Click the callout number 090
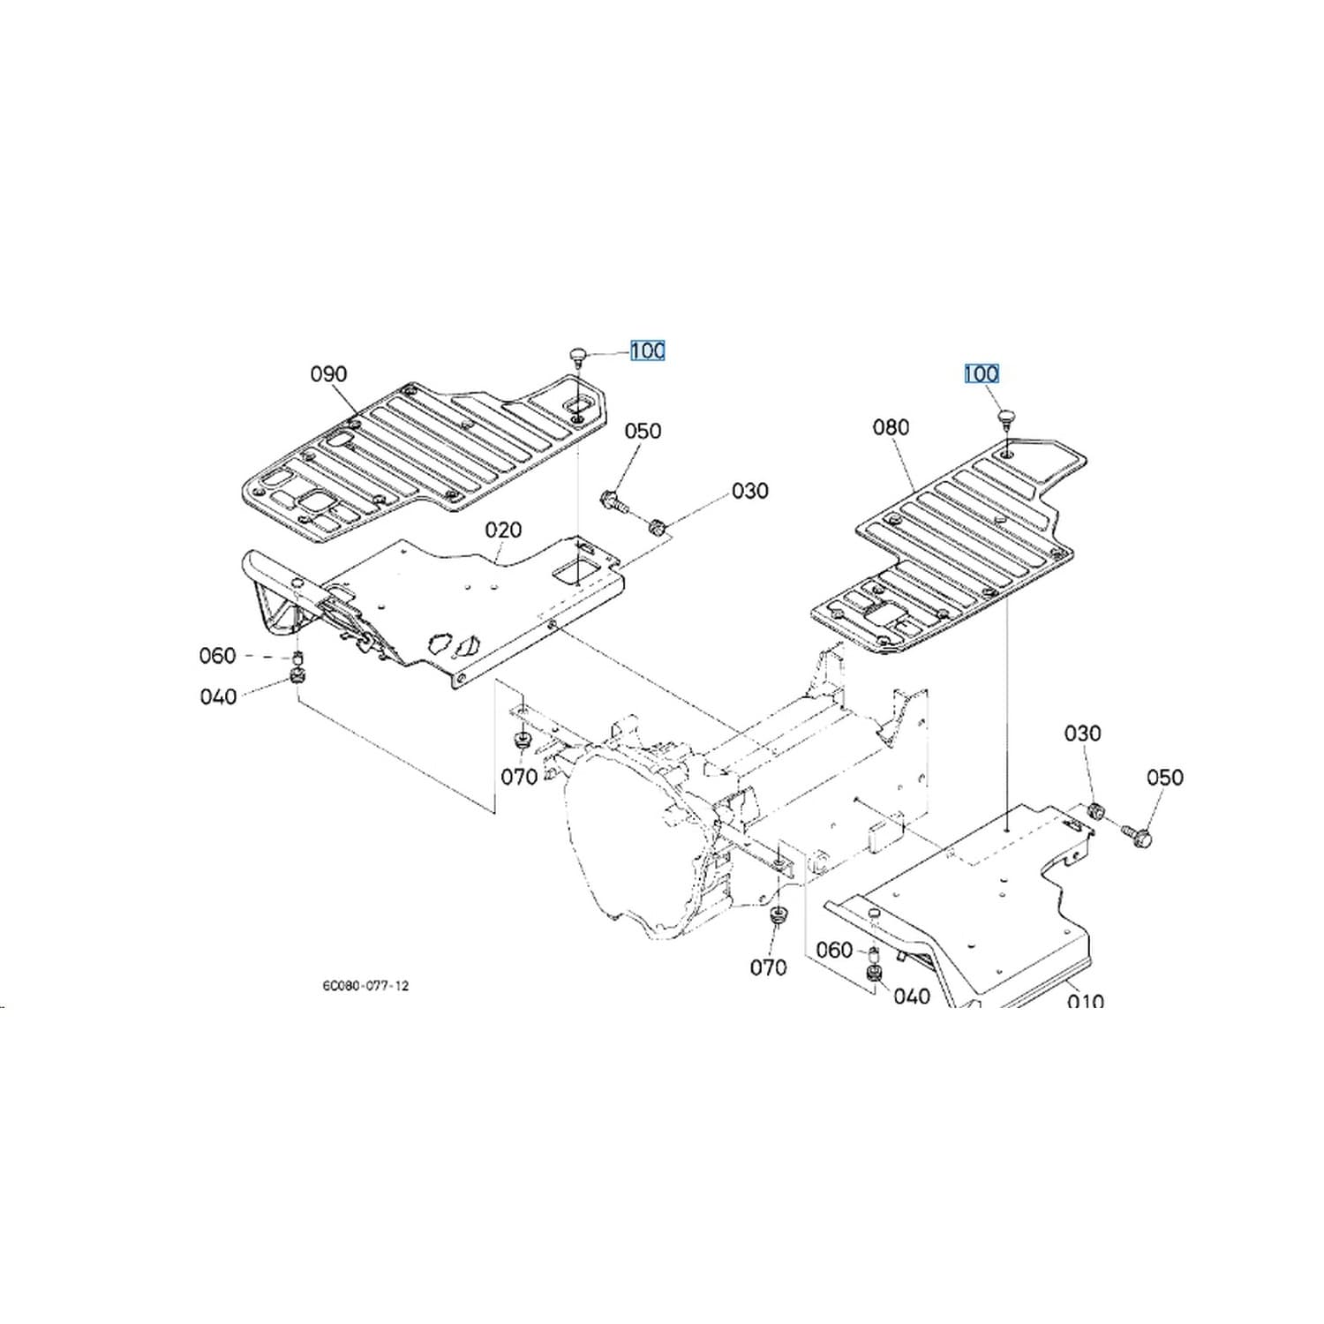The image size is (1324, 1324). click(328, 374)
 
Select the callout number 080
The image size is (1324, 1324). click(891, 428)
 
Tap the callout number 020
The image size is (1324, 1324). click(503, 530)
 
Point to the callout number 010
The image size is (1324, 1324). click(1085, 1001)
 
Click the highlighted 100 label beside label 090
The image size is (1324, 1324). click(647, 351)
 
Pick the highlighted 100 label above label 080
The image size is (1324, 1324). click(981, 374)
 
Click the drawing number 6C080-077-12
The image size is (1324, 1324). click(365, 986)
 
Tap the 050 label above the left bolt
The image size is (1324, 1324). click(643, 432)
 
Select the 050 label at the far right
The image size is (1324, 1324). click(1164, 778)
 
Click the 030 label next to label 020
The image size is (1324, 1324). click(749, 492)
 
